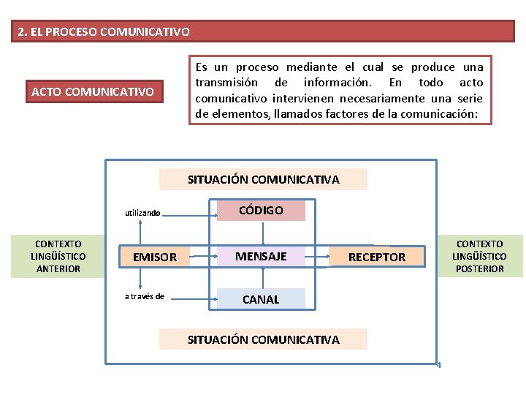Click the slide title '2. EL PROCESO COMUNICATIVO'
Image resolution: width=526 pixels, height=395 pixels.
[x=104, y=32]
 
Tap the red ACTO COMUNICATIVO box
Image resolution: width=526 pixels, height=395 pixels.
[x=93, y=92]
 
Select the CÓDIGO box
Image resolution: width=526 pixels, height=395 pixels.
[x=261, y=211]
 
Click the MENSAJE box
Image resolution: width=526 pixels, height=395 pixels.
[x=261, y=256]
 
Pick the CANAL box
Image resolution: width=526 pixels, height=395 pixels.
[x=261, y=299]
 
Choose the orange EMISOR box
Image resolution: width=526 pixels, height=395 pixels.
[x=154, y=257]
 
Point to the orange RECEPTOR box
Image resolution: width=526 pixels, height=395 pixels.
[x=376, y=257]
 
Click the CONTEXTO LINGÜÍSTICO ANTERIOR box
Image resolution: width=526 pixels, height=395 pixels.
[x=58, y=256]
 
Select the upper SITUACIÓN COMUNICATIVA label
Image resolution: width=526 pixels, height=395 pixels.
[x=263, y=179]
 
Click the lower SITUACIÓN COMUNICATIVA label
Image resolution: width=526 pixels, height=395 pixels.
[x=263, y=339]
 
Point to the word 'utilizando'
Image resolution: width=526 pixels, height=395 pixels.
[x=142, y=213]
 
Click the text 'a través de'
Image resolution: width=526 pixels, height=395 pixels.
[x=144, y=296]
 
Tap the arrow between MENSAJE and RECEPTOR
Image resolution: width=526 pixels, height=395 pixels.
[x=319, y=257]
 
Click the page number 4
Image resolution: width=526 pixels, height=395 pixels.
[x=438, y=365]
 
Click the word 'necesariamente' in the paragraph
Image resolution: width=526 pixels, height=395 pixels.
[x=394, y=98]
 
